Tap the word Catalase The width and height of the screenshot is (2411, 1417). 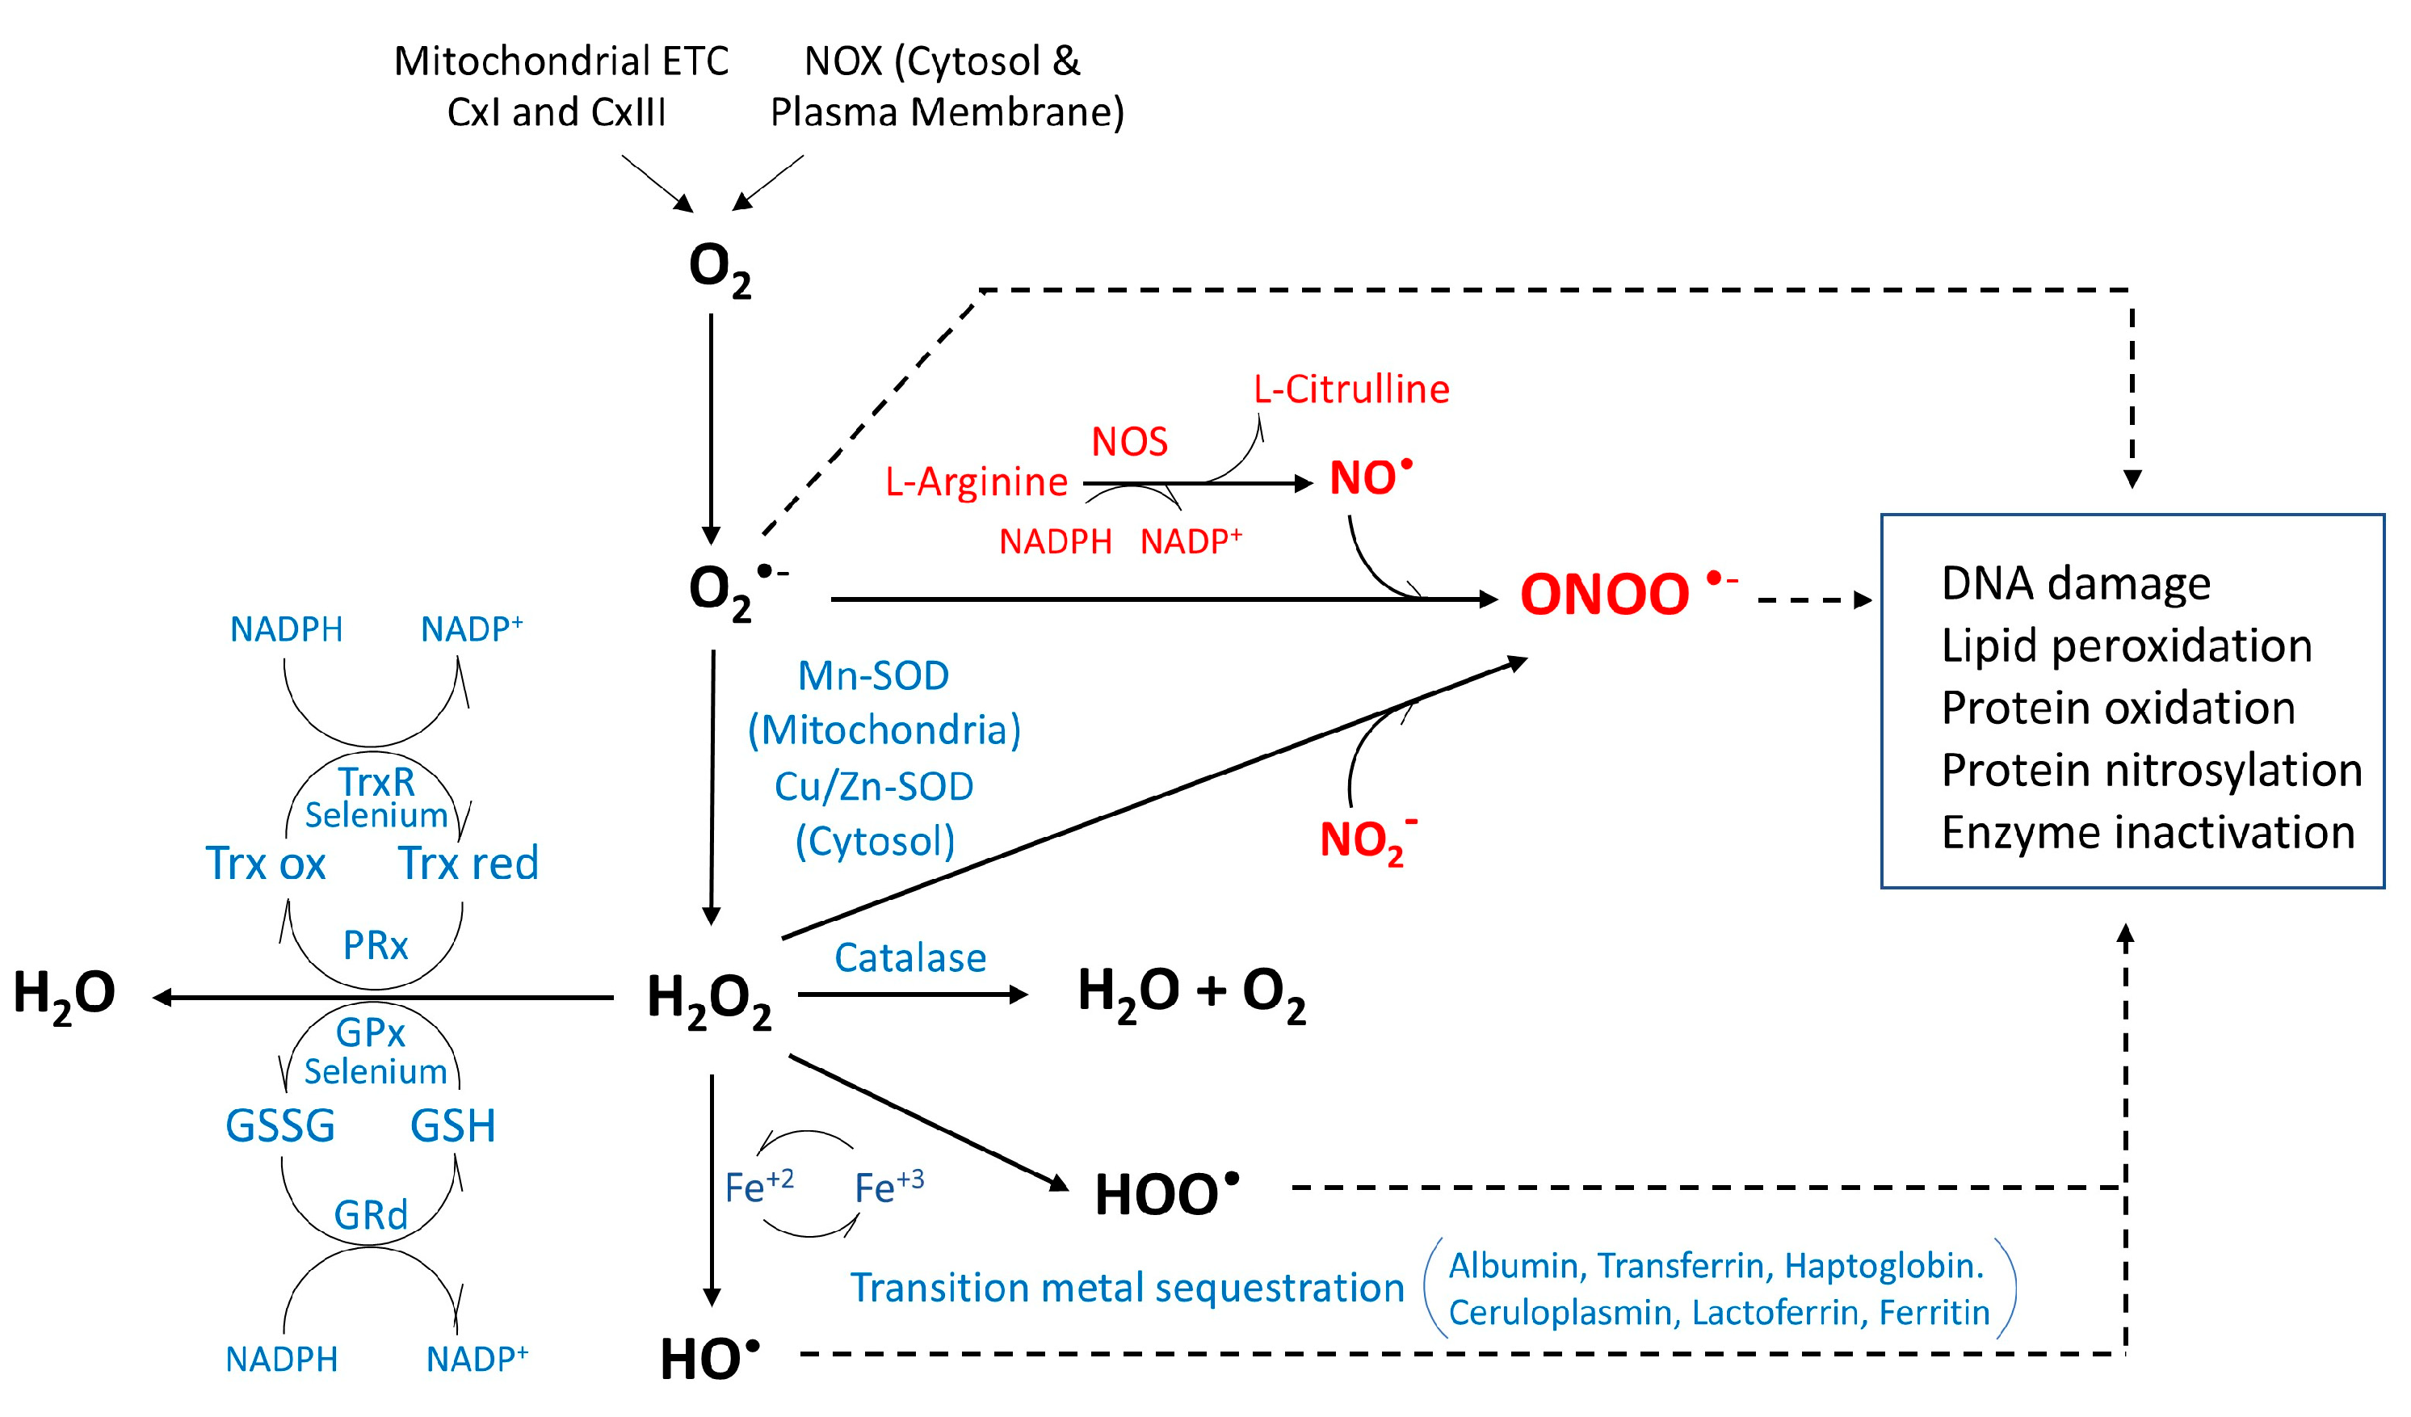(x=909, y=958)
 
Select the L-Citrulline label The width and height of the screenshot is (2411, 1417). (x=1351, y=389)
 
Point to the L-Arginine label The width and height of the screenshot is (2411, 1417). (x=976, y=482)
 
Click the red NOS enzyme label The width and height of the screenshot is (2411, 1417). (x=1129, y=442)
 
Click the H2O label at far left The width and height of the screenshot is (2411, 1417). (x=64, y=993)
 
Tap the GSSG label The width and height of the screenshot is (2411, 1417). (x=280, y=1125)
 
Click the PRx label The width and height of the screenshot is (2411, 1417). (x=375, y=946)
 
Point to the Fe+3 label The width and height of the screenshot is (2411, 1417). (x=888, y=1188)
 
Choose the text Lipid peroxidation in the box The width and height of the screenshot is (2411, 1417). (x=2126, y=645)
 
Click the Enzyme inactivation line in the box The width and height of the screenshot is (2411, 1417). (x=2147, y=832)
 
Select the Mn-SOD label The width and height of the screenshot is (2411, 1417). (x=872, y=676)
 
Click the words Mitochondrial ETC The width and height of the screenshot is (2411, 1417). (x=561, y=62)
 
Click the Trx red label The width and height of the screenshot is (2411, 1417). (x=468, y=863)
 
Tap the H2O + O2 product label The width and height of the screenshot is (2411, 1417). (x=1191, y=991)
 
